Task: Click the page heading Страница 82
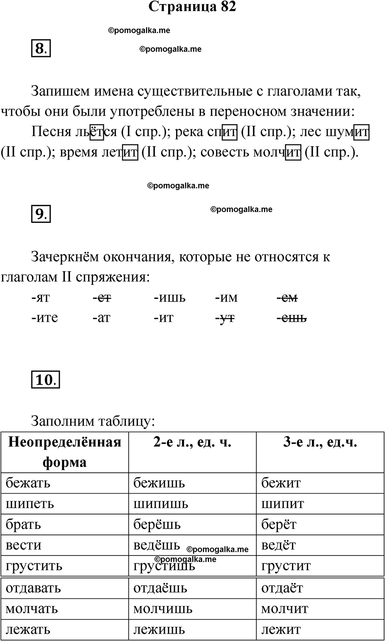(192, 7)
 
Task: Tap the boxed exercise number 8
(41, 49)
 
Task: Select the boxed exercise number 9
(41, 214)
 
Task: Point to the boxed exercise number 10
(45, 380)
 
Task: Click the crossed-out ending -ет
(102, 298)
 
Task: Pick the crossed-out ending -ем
(287, 298)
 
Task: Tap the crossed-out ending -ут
(225, 318)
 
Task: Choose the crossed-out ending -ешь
(292, 318)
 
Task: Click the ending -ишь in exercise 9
(170, 298)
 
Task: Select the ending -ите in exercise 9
(45, 318)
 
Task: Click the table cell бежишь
(159, 482)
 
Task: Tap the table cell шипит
(283, 503)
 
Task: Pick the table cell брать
(23, 524)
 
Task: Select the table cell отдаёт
(282, 588)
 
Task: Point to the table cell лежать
(28, 629)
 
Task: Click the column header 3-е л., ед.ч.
(320, 442)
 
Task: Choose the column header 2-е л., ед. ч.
(192, 442)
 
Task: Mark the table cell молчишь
(163, 609)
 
